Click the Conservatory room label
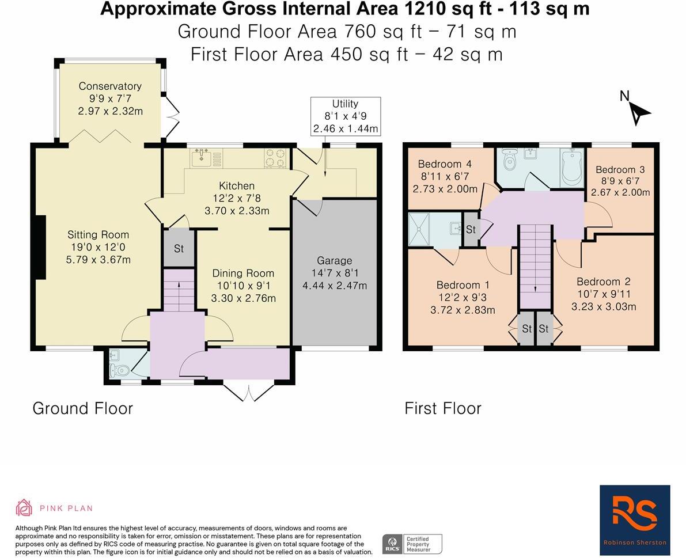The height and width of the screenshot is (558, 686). coord(110,86)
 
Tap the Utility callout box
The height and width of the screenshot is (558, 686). coord(345,116)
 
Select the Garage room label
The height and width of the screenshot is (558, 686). coord(334,261)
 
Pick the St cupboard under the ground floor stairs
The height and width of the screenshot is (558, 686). coord(179,249)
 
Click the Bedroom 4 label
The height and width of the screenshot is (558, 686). coord(440,164)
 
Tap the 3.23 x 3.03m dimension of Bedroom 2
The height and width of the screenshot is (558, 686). coord(604,307)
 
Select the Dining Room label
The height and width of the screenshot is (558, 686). coord(243,273)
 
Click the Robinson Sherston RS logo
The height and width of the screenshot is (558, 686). coord(635,519)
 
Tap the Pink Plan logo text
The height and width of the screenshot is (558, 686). coord(66,508)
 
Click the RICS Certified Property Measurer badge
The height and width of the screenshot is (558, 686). coord(412,544)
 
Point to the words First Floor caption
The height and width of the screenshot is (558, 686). coord(442,408)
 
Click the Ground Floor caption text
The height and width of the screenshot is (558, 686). coord(82,408)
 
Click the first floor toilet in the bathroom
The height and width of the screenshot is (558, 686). coord(509,161)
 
